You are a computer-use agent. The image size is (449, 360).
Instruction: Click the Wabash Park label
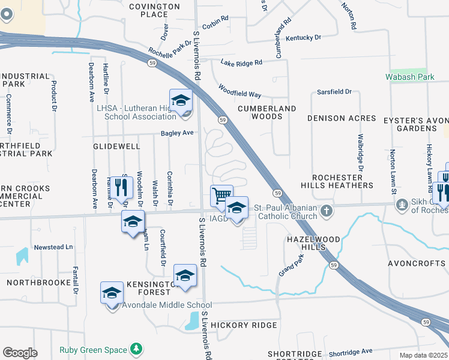tap(410, 77)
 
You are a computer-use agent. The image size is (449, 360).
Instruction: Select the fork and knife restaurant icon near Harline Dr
tap(121, 187)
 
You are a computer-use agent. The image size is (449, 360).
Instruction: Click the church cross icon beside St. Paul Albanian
tap(326, 211)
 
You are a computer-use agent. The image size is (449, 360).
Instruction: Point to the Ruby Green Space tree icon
tap(137, 349)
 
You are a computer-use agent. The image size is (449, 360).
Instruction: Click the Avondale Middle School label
tap(158, 305)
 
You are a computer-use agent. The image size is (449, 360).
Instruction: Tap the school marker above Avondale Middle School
tap(185, 276)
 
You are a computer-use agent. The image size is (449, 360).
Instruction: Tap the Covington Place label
tap(155, 10)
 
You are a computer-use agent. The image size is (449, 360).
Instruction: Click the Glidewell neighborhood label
tap(116, 146)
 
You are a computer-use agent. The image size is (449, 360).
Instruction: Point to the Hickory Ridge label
tap(244, 325)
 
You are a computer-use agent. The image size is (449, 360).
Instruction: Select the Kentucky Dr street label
tap(303, 37)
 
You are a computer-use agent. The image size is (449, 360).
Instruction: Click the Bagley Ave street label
tap(177, 133)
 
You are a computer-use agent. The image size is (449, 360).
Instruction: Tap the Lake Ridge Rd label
tap(241, 62)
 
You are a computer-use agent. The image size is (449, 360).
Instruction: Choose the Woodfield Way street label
tap(240, 91)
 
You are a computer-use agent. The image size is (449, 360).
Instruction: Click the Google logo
tap(20, 352)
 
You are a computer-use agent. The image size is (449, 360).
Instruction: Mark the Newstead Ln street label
tap(53, 247)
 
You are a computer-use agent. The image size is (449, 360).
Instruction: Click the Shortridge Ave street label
tap(351, 352)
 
